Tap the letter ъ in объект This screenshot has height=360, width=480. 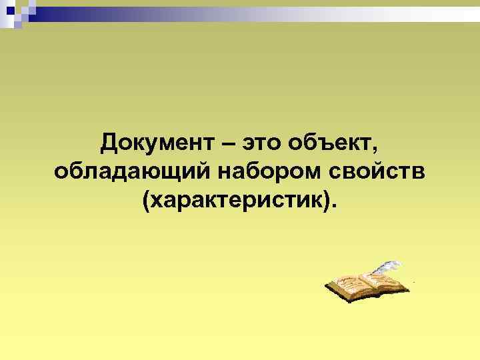[320, 143]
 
